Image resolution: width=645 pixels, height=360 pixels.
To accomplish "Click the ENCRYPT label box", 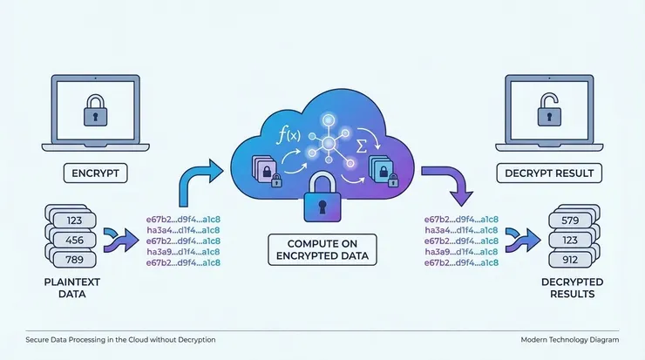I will (x=96, y=173).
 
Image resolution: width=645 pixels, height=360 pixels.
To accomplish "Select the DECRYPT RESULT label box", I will (x=549, y=173).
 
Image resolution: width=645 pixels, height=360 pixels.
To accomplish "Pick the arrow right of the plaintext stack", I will (x=118, y=238).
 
